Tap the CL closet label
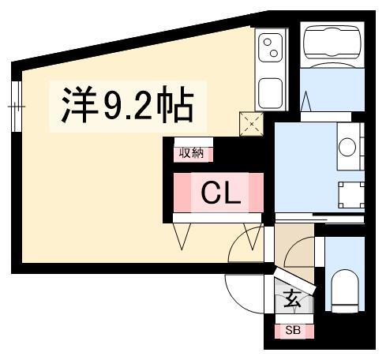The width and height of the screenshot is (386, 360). coord(221,193)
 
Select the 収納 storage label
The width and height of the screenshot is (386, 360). coord(192,153)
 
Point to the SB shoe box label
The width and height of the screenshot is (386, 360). coord(293,330)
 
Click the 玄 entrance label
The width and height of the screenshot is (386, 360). coord(292,299)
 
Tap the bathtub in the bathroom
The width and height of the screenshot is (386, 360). coord(332,43)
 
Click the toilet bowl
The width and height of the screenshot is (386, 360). coord(345,291)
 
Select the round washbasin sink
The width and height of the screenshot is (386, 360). coord(347,147)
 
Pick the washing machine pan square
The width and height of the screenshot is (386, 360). coord(351,195)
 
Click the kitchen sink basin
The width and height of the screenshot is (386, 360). coord(271,93)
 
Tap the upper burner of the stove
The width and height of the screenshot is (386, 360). coord(268,42)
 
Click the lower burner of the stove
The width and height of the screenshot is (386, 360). coord(274,53)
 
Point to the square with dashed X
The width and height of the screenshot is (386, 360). coord(251,124)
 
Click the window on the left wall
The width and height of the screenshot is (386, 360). coord(17,107)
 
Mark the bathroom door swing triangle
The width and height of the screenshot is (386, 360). coord(305,101)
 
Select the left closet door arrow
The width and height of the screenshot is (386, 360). coord(182,236)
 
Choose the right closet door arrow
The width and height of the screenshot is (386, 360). coord(253,236)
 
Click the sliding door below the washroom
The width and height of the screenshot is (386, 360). coord(320,219)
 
